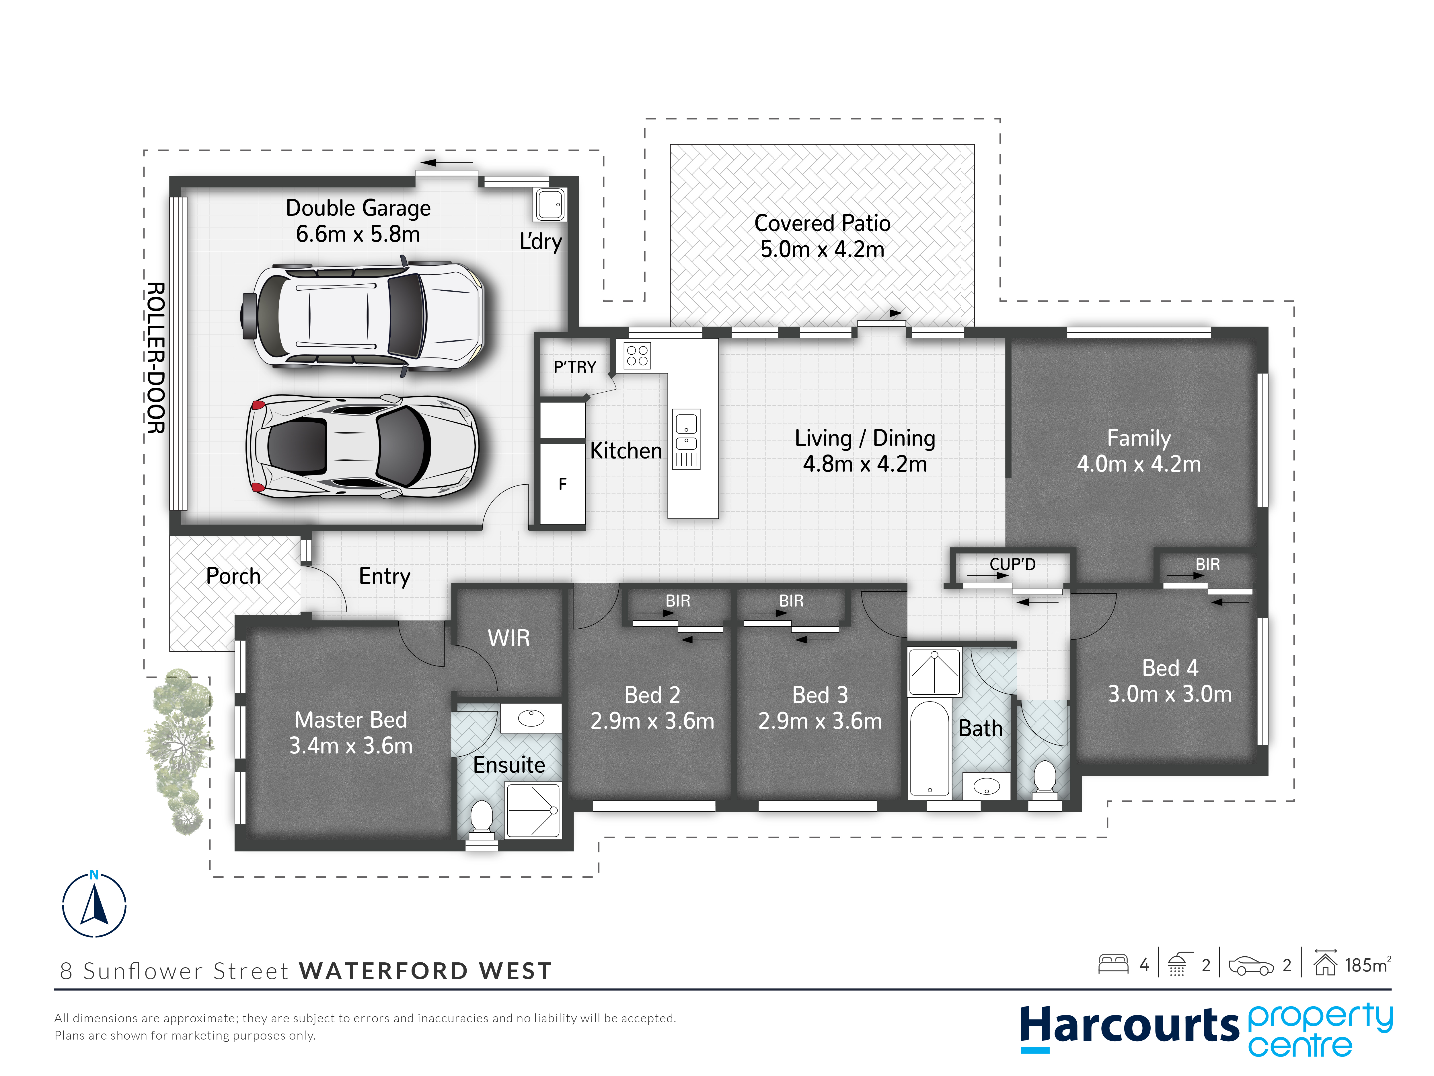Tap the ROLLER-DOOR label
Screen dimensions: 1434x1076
155,358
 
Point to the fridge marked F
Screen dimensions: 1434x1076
563,484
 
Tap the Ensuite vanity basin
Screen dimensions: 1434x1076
531,719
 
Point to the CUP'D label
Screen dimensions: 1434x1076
1013,564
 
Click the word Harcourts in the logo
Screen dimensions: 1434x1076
1129,1025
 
